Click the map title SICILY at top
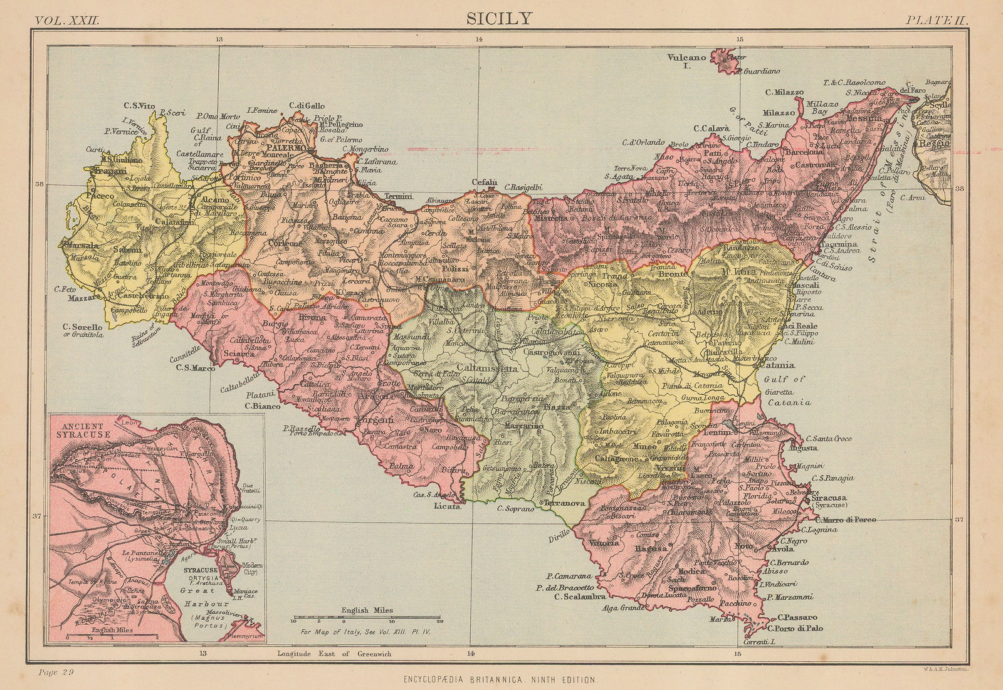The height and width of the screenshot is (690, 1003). (498, 18)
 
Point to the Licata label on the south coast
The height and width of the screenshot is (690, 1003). (446, 506)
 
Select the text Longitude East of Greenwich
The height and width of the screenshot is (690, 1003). (334, 654)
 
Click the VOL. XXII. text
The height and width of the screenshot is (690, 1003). (67, 20)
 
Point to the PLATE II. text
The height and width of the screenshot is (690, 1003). (937, 20)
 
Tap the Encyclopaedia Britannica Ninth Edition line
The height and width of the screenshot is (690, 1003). (500, 679)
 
